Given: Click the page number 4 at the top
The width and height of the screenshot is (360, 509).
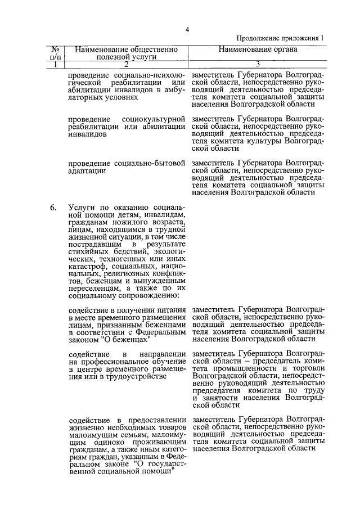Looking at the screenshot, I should click(x=188, y=30).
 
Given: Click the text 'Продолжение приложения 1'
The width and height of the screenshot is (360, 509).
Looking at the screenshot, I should click(x=280, y=38).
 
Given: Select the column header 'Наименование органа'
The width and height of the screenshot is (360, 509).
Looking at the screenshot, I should click(x=258, y=49).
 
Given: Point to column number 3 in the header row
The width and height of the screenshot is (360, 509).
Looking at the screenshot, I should click(x=257, y=64).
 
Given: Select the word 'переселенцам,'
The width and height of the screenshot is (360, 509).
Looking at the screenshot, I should click(x=94, y=287).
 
